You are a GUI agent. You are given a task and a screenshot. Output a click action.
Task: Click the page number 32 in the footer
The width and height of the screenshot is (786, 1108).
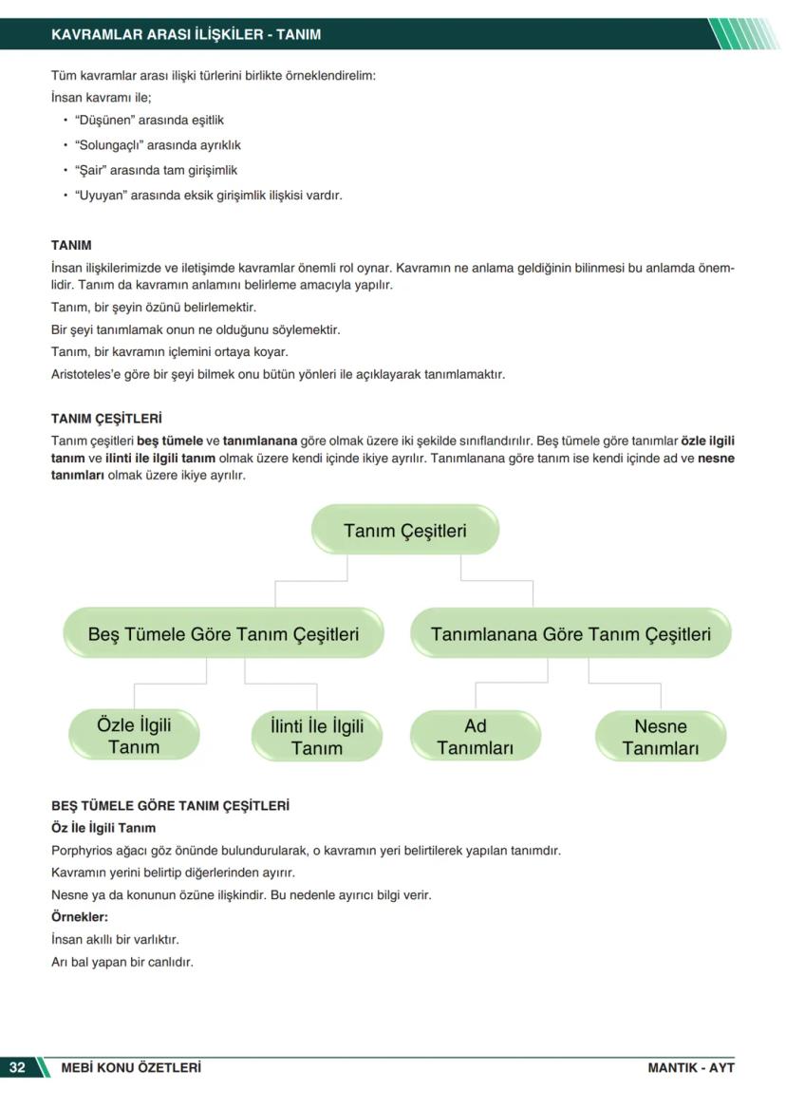17,1067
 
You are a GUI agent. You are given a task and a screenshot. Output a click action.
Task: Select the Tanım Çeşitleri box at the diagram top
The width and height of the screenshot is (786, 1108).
405,530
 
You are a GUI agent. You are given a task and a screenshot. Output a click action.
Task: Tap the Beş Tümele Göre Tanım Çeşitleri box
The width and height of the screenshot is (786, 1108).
223,633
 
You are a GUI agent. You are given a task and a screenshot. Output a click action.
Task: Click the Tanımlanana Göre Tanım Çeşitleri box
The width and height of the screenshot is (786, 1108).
571,633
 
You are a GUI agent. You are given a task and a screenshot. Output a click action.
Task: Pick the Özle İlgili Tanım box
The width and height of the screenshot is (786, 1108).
134,736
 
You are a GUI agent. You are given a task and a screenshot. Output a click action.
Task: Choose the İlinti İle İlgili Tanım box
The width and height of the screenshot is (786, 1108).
316,737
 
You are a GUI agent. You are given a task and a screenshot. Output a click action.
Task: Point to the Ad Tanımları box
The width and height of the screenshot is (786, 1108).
475,736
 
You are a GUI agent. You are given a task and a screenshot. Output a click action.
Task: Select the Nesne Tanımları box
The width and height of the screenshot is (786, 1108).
660,737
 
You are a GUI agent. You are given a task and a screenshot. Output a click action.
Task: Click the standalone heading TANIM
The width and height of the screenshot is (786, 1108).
71,245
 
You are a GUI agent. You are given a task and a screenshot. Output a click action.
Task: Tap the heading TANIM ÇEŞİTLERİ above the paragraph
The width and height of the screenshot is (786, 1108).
106,418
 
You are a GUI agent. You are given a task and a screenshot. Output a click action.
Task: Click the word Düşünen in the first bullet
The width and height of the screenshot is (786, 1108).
105,121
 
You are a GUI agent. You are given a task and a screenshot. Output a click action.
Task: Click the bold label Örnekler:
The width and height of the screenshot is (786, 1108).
80,917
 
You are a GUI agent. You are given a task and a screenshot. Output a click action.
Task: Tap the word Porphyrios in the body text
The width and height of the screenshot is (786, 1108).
83,850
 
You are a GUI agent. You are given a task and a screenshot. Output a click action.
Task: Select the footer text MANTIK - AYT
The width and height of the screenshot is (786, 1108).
691,1067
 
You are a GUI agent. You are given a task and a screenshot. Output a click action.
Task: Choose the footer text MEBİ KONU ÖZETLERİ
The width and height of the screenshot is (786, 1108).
131,1067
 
